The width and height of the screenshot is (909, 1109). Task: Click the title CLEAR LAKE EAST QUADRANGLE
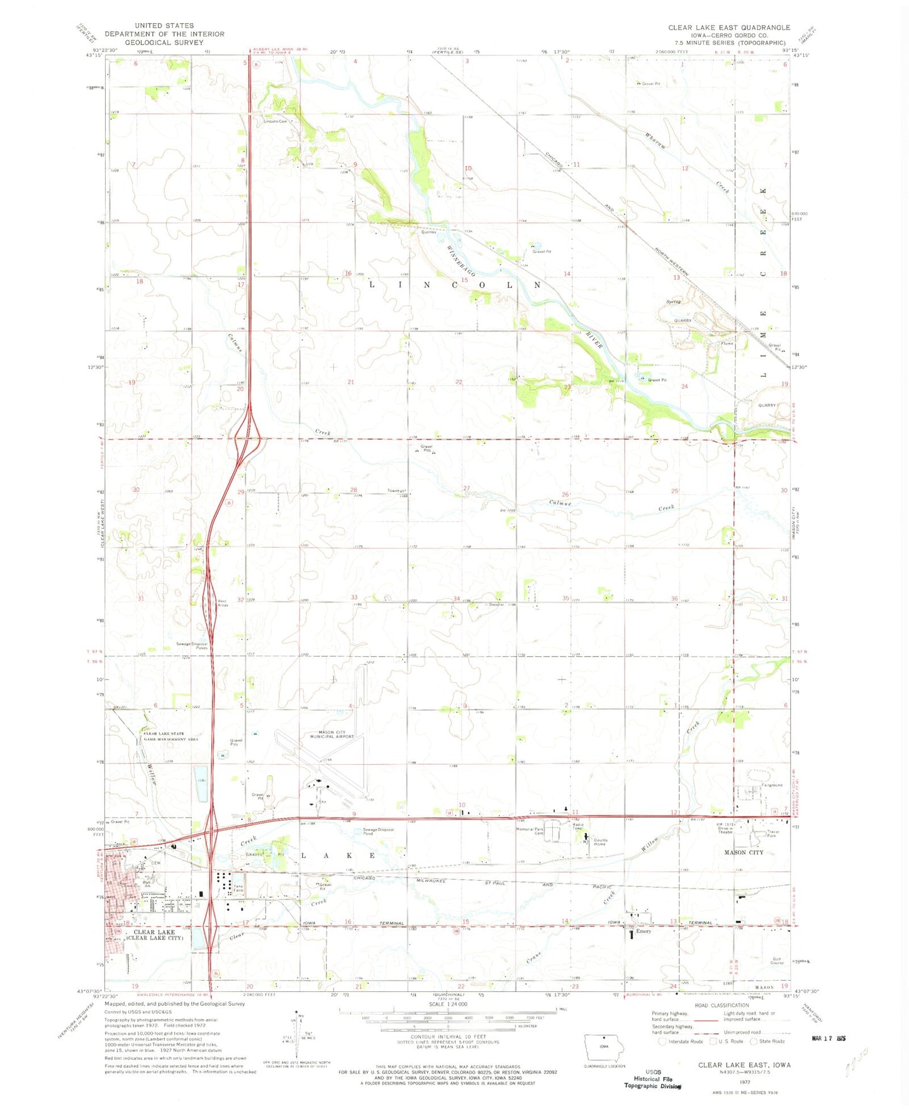point(728,28)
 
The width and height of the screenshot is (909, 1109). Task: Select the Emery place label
point(644,932)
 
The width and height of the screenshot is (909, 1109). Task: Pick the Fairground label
point(772,785)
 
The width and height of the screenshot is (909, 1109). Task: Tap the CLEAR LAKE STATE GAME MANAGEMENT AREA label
point(171,737)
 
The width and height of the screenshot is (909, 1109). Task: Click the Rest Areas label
point(222,602)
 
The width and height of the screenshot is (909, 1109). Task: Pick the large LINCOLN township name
point(455,284)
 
